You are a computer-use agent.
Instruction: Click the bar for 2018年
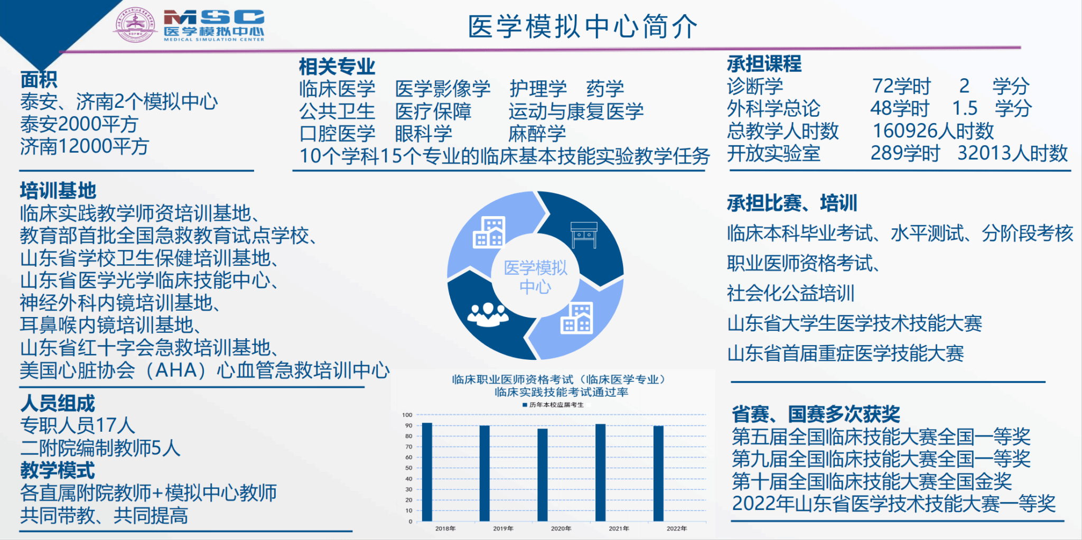click(427, 472)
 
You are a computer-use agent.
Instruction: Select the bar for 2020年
click(543, 475)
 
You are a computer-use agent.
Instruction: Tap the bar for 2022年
click(658, 473)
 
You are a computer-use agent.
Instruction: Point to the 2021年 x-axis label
click(619, 528)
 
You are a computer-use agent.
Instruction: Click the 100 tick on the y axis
click(407, 415)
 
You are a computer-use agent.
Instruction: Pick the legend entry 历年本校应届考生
click(553, 405)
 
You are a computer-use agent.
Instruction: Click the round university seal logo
click(135, 24)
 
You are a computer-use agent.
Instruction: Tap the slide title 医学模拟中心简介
click(583, 26)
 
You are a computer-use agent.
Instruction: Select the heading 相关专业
click(337, 67)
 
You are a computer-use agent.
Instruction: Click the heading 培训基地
click(58, 190)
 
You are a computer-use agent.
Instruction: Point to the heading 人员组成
click(58, 403)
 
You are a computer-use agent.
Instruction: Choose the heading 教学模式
click(58, 470)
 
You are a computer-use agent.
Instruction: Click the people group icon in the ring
click(488, 314)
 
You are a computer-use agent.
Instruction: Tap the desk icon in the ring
click(584, 235)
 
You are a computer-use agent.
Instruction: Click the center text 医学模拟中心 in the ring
click(535, 277)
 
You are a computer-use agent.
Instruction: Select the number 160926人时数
click(933, 131)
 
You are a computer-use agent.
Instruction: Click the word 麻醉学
click(537, 134)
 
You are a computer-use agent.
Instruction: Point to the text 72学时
click(901, 86)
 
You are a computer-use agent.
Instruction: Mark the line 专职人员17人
click(78, 425)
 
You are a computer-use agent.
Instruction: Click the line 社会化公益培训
click(790, 293)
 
